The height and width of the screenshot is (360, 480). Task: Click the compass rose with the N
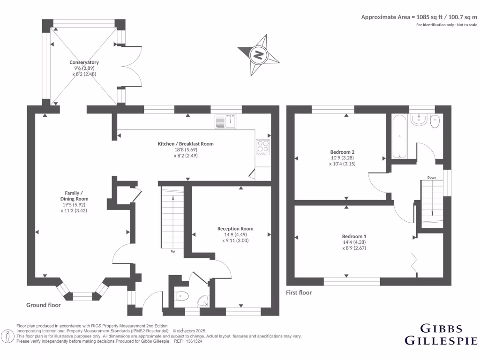pos(258,55)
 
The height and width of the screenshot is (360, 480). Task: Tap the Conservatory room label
pos(84,68)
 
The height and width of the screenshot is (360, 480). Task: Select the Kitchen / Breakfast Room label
pos(185,150)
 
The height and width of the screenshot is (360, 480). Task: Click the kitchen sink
pos(227,121)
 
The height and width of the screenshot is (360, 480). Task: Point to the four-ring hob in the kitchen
pos(263,147)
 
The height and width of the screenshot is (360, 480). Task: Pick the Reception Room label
pos(235,234)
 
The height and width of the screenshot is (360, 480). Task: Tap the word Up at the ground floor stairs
pos(173,251)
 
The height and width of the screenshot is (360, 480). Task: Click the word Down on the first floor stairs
pos(432,178)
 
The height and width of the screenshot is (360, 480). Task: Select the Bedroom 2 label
pos(342,157)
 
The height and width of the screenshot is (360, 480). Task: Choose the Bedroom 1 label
pos(354,242)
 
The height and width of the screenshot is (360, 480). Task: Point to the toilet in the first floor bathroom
pos(435,121)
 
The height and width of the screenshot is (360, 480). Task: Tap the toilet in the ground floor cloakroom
pos(180,296)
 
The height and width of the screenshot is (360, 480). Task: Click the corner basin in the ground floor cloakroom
pos(203,300)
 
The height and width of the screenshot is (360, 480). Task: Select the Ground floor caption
pos(43,305)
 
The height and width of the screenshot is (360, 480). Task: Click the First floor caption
pos(299,292)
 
